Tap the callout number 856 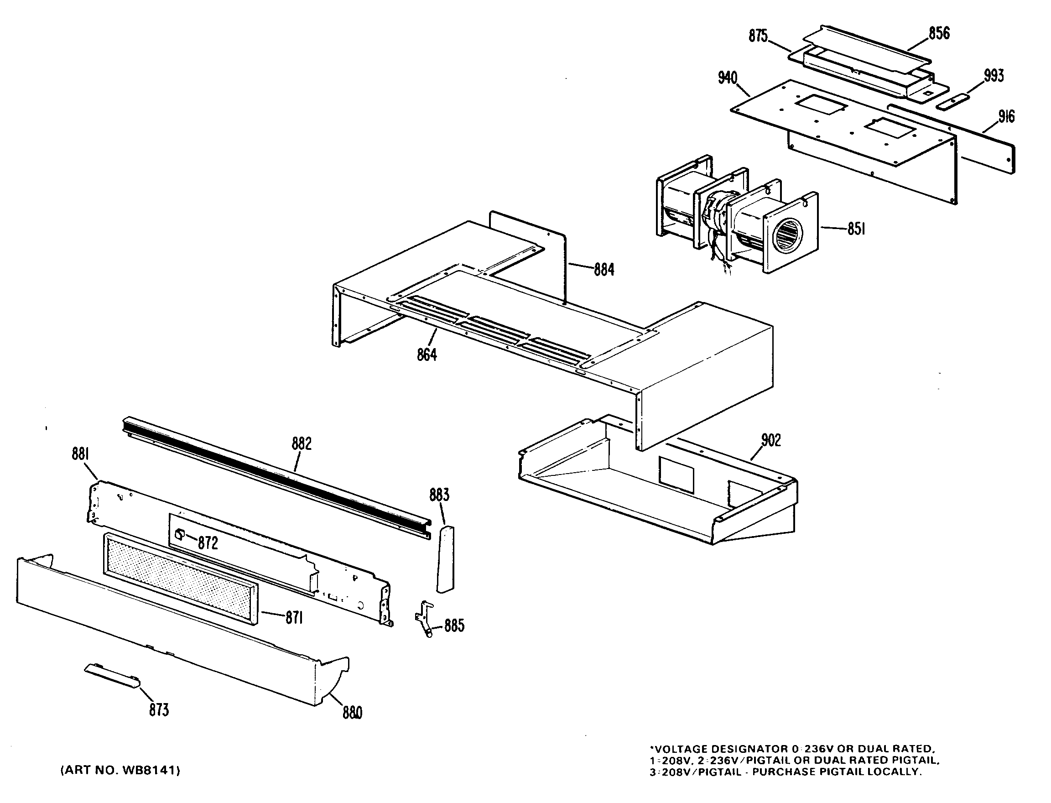(939, 33)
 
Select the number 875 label (758, 36)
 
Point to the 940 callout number (728, 78)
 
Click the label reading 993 (994, 76)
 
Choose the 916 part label (1006, 117)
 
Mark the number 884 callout (604, 270)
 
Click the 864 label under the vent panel (427, 355)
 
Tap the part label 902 (770, 440)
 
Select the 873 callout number (159, 710)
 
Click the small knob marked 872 (180, 534)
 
